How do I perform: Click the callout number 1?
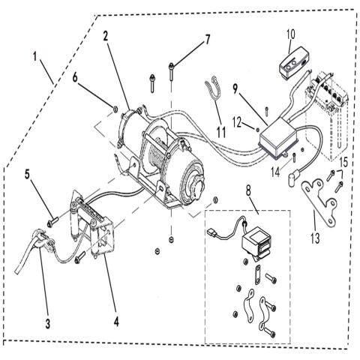click(35, 56)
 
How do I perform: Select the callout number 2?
click(106, 36)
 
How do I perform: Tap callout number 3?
click(48, 323)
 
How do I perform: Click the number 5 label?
click(27, 174)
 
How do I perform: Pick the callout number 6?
click(75, 77)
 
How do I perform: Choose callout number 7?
click(208, 39)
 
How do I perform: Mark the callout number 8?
click(248, 190)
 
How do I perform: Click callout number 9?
click(235, 89)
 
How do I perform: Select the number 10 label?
click(291, 34)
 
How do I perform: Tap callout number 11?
click(221, 132)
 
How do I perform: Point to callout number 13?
click(315, 238)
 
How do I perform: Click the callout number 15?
click(344, 163)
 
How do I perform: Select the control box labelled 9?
click(280, 141)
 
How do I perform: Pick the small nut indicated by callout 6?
click(115, 109)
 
